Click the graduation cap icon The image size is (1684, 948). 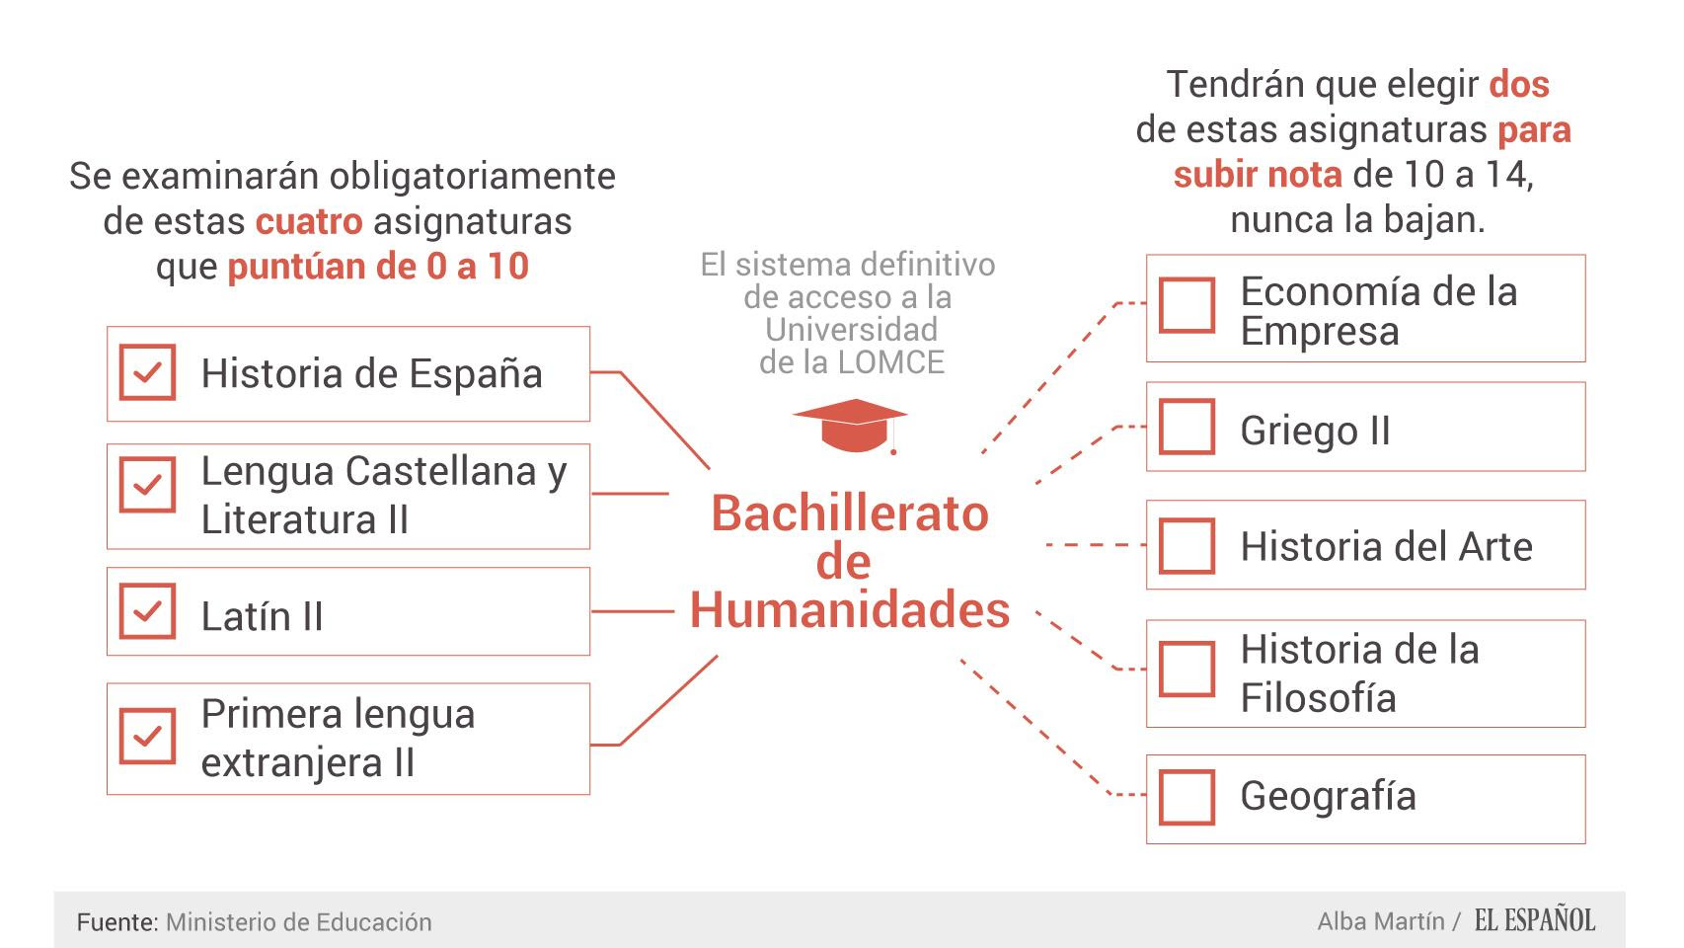(850, 426)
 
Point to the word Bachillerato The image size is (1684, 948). (850, 513)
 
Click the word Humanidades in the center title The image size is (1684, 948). (850, 609)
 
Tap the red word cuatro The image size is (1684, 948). (309, 221)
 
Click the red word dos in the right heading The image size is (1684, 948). (1519, 84)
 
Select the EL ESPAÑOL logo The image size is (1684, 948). (1534, 920)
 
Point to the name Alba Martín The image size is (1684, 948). (1381, 921)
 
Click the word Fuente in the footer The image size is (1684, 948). (115, 921)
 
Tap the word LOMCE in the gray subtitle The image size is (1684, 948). (891, 362)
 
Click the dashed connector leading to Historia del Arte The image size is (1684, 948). (1096, 544)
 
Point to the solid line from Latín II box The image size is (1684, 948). (633, 611)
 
